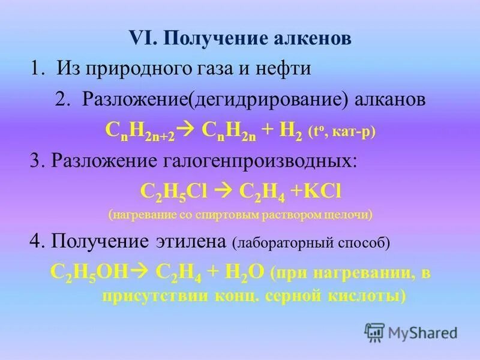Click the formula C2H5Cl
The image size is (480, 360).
pyautogui.click(x=173, y=191)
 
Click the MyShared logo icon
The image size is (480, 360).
pyautogui.click(x=374, y=332)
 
